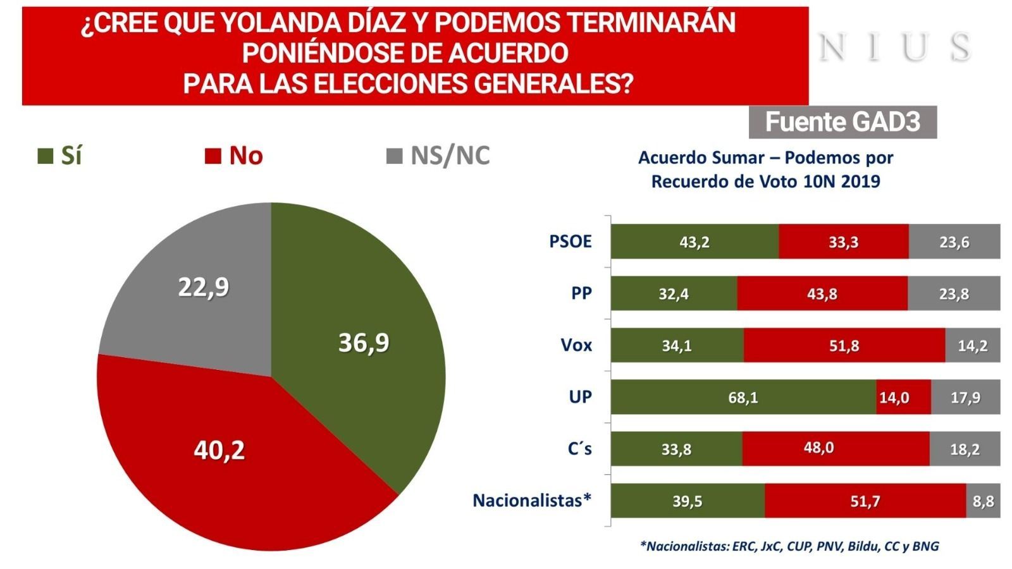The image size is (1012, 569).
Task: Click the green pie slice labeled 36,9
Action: [x=364, y=345]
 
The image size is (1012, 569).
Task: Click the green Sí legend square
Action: [x=46, y=156]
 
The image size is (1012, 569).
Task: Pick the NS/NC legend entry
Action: [x=438, y=156]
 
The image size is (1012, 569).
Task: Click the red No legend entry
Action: [x=234, y=156]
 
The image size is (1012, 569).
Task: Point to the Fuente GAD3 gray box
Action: [x=842, y=122]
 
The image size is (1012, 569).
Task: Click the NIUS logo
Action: [x=894, y=47]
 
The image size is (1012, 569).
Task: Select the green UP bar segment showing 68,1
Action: [x=743, y=397]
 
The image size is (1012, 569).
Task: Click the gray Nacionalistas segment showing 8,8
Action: [x=983, y=501]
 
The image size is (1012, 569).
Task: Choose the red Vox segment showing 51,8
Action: [x=844, y=345]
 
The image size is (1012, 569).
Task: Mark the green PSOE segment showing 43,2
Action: [x=694, y=242]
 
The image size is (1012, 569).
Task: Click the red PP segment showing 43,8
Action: [x=822, y=293]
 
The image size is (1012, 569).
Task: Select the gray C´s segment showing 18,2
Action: [x=965, y=449]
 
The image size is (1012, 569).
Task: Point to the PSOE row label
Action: [x=571, y=242]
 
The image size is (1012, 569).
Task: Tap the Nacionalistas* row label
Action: [x=532, y=501]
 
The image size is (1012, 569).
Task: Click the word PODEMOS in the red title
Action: [x=497, y=23]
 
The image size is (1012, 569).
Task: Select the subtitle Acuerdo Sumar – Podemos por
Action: [x=765, y=157]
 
